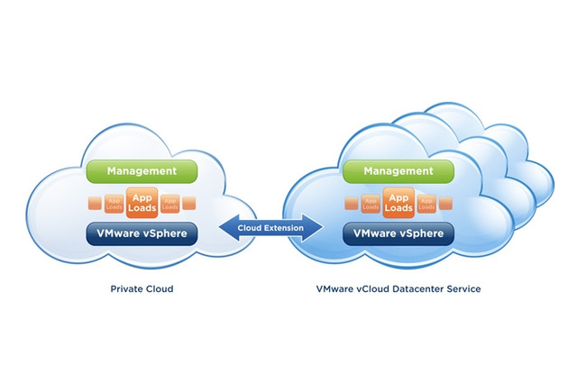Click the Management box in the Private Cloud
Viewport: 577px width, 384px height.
(x=141, y=169)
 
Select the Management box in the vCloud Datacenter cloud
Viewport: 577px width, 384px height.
(x=397, y=169)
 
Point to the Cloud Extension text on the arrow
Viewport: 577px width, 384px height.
(x=269, y=228)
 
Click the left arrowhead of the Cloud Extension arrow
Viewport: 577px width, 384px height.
(x=221, y=228)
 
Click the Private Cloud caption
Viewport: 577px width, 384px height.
(x=141, y=290)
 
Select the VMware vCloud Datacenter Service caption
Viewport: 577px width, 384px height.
(x=398, y=290)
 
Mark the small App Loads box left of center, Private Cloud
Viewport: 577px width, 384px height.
(x=114, y=202)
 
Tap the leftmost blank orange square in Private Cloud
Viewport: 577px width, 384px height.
(x=92, y=203)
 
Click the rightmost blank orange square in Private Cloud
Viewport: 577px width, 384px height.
(x=189, y=203)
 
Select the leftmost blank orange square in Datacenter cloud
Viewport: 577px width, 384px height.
(x=349, y=203)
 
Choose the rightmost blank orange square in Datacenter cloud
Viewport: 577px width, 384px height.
(x=446, y=203)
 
